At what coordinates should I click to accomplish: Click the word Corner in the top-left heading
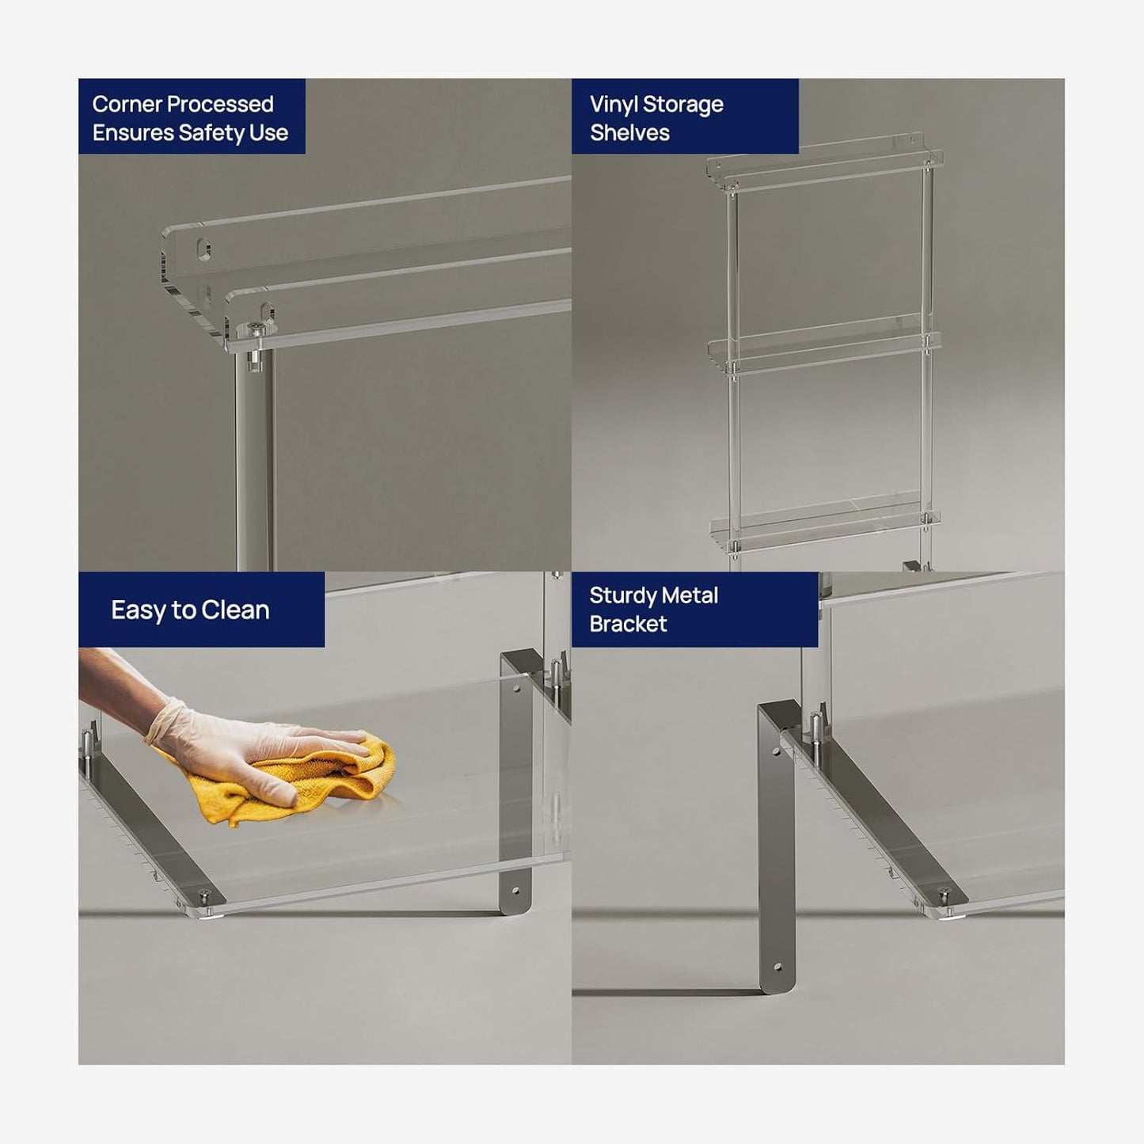coord(127,105)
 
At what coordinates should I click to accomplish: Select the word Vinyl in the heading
coord(614,105)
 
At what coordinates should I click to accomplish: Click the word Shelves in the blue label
coord(629,133)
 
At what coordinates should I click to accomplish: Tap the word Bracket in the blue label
coord(628,624)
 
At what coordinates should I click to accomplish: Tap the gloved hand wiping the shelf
coord(249,749)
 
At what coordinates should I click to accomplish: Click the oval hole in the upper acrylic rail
coord(203,249)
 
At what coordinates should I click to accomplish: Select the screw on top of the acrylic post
coord(256,329)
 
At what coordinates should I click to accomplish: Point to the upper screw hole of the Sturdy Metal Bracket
coord(775,752)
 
